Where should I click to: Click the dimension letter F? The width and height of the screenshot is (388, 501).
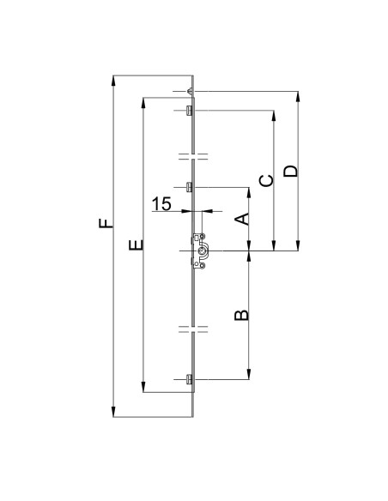(x=105, y=226)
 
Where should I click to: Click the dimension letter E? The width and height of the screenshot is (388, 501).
(x=134, y=246)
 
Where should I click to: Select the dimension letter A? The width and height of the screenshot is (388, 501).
(x=243, y=219)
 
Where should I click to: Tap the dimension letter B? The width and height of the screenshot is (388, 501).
(x=243, y=315)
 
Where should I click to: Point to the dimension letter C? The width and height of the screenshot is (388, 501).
(x=267, y=179)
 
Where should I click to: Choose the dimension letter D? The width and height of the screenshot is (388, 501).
(x=292, y=170)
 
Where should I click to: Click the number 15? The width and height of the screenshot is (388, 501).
(x=161, y=203)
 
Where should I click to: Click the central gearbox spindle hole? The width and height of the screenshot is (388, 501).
(x=203, y=250)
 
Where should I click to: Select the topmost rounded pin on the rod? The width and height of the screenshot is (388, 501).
(x=189, y=91)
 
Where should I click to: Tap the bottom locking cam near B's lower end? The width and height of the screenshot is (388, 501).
(x=188, y=378)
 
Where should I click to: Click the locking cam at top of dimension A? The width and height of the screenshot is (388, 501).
(x=188, y=187)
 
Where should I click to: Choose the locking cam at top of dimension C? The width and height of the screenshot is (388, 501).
(x=188, y=109)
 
